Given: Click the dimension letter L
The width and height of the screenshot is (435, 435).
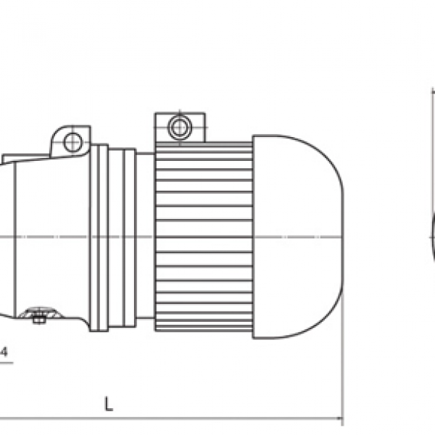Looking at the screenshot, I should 108,405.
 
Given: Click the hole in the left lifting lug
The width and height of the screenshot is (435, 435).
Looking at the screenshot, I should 72,142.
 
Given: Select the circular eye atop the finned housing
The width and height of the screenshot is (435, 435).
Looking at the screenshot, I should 178,128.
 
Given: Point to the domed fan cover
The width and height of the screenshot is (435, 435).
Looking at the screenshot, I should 297,236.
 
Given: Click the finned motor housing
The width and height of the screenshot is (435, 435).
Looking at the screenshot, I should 204,236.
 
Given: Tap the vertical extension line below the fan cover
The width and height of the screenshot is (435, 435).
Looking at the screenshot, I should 343,362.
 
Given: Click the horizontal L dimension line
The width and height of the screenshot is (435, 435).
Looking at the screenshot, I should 181,418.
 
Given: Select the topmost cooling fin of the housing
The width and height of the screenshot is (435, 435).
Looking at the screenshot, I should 204,145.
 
